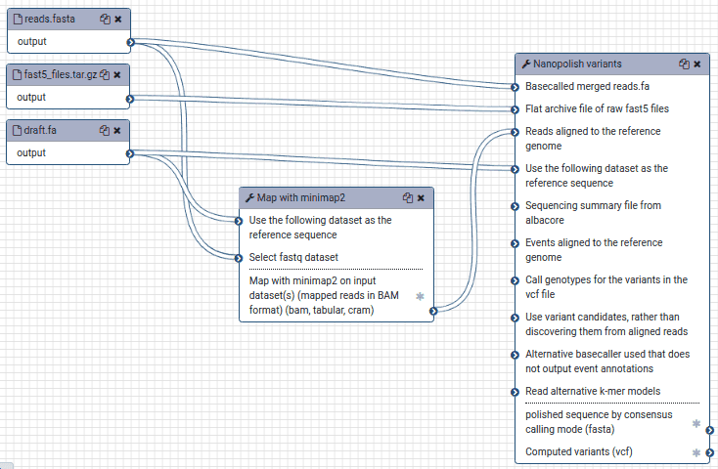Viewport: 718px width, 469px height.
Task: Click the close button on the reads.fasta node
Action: pyautogui.click(x=118, y=20)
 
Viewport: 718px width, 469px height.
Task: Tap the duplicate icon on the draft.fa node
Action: pyautogui.click(x=105, y=130)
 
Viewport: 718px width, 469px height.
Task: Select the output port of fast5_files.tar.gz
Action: pyautogui.click(x=130, y=99)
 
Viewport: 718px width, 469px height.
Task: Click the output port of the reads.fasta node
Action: pyautogui.click(x=130, y=43)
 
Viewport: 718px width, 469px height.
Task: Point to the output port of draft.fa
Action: pyautogui.click(x=130, y=153)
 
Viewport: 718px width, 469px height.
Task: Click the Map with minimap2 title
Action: pyautogui.click(x=301, y=197)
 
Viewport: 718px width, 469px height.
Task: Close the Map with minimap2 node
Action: pyautogui.click(x=421, y=198)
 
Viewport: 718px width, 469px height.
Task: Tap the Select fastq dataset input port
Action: pyautogui.click(x=239, y=259)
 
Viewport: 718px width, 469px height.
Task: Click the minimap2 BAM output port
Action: pyautogui.click(x=433, y=311)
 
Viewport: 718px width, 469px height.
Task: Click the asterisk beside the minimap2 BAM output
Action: pyautogui.click(x=420, y=296)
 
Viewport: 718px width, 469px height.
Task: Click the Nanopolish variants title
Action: pyautogui.click(x=577, y=64)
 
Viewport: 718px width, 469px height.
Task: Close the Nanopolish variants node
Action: pyautogui.click(x=696, y=64)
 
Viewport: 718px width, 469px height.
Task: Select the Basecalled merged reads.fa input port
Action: pyautogui.click(x=516, y=87)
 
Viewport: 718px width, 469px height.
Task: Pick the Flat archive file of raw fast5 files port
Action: pyautogui.click(x=516, y=109)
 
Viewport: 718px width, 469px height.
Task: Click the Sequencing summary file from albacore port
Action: pyautogui.click(x=516, y=206)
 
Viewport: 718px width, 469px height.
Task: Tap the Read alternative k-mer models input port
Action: pyautogui.click(x=516, y=392)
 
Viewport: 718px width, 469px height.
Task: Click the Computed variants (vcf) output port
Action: pyautogui.click(x=710, y=453)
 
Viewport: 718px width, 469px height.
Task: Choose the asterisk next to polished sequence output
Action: pyautogui.click(x=696, y=424)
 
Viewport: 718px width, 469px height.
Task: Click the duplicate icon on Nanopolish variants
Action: pyautogui.click(x=684, y=64)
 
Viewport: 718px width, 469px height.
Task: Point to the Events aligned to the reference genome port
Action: pyautogui.click(x=516, y=243)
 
